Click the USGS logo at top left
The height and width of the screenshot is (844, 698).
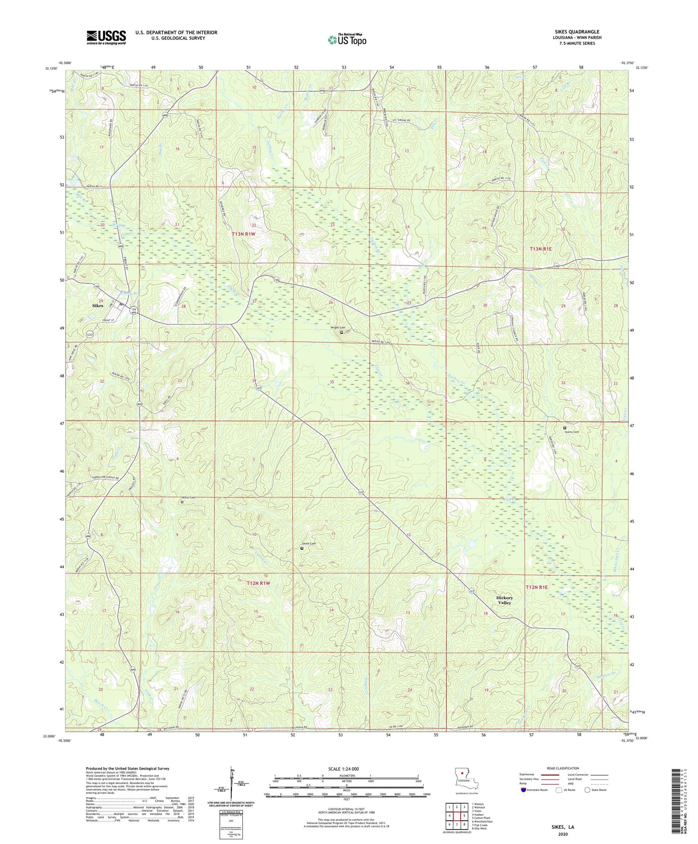point(106,37)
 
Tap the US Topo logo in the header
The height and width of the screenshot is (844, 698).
point(347,40)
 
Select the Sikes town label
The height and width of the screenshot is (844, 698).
point(98,305)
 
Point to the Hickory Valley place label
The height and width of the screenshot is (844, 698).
point(504,600)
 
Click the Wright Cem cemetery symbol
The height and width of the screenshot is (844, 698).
point(342,332)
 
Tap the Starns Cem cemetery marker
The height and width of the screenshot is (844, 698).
point(565,428)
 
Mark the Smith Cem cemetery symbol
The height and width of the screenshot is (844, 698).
point(302,548)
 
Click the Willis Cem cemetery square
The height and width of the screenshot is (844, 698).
point(182,502)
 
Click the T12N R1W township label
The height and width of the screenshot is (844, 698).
point(259,583)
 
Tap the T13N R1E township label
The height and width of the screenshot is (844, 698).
point(540,249)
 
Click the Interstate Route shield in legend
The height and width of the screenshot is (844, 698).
point(524,790)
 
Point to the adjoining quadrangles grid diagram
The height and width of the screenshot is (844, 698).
point(456,815)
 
